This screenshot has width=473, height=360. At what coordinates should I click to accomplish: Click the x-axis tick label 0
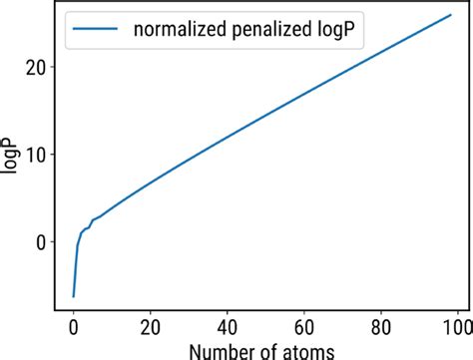[x=73, y=327]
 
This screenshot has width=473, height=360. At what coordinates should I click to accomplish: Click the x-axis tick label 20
[x=150, y=327]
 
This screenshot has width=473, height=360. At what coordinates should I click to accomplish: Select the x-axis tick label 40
[x=227, y=327]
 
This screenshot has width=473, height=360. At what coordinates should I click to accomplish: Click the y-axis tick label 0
[x=41, y=241]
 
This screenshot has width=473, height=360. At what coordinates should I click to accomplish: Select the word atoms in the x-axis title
[x=302, y=350]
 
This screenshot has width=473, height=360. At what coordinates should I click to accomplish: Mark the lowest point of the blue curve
[x=73, y=296]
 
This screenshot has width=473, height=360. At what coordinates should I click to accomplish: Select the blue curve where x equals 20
[x=150, y=184]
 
